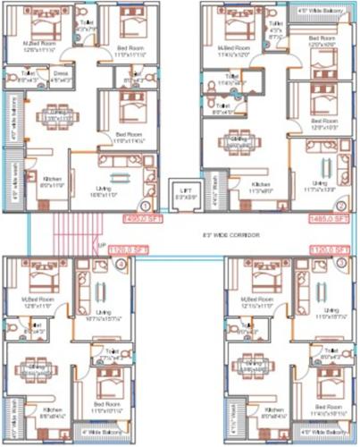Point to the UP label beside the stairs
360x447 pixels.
point(101,244)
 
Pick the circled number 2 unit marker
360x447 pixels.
point(280,205)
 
